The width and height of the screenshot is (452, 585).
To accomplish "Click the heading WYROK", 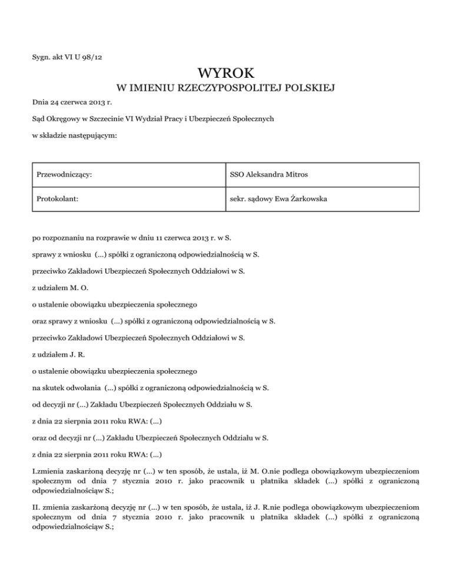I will [226, 73].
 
